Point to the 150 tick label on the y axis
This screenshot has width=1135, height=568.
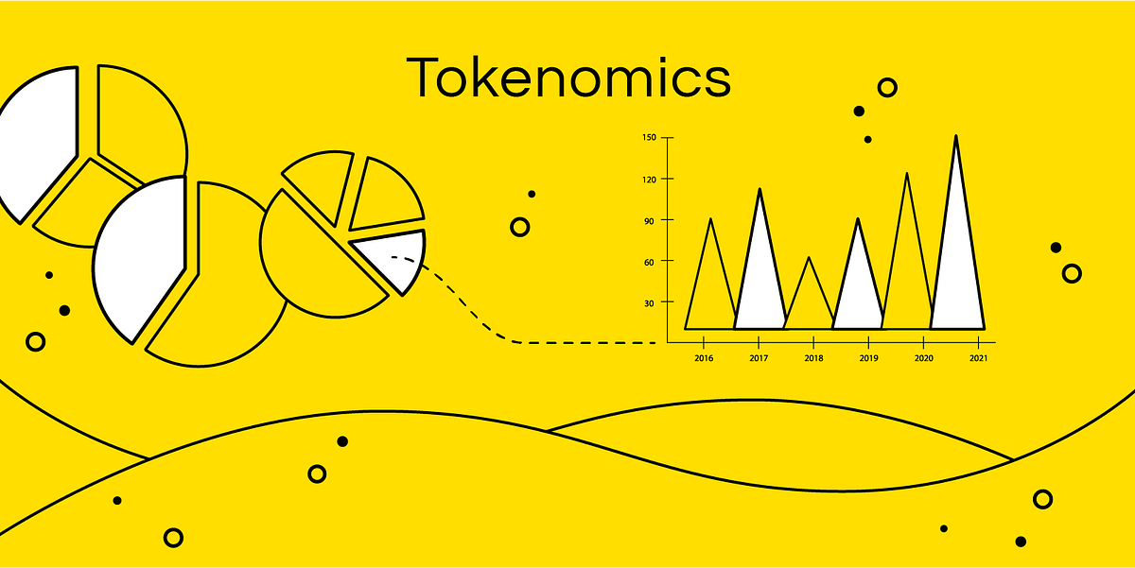649,138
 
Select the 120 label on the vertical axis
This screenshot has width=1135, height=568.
649,179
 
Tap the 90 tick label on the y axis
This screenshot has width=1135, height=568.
651,220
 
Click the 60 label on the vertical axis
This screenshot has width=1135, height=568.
651,261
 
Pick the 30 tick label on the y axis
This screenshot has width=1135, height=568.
651,302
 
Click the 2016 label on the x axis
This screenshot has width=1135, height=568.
704,359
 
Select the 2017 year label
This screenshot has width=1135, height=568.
759,359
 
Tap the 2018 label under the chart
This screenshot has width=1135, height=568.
813,359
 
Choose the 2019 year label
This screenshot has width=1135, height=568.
869,359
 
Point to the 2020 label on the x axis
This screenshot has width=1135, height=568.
925,359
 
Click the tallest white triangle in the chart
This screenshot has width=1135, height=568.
956,274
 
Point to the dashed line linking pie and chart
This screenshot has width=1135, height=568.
567,342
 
